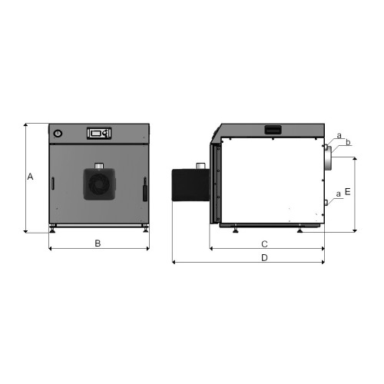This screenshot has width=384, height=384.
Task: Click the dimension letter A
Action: pos(30,177)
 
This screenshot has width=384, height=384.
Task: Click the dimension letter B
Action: pos(98,243)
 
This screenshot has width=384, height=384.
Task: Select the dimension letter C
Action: pos(264,244)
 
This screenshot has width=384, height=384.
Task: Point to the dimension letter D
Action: pos(264,257)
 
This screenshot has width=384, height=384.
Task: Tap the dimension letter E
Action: pos(347,191)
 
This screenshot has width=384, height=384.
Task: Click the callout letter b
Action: pos(348,142)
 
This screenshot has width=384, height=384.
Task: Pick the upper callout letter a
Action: pos(339,136)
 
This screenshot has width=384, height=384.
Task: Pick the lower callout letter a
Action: pos(339,194)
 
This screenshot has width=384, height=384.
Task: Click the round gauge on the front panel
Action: pos(58,134)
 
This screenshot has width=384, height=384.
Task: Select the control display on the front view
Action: pos(99,133)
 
